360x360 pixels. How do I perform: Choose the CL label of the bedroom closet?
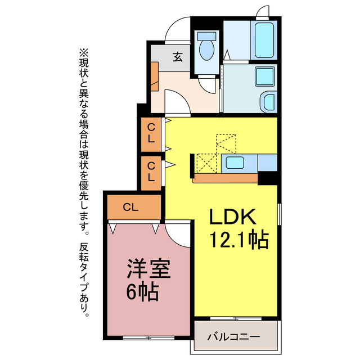130,207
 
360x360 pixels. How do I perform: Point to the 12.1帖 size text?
238,241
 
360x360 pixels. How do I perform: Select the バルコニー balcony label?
233,337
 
